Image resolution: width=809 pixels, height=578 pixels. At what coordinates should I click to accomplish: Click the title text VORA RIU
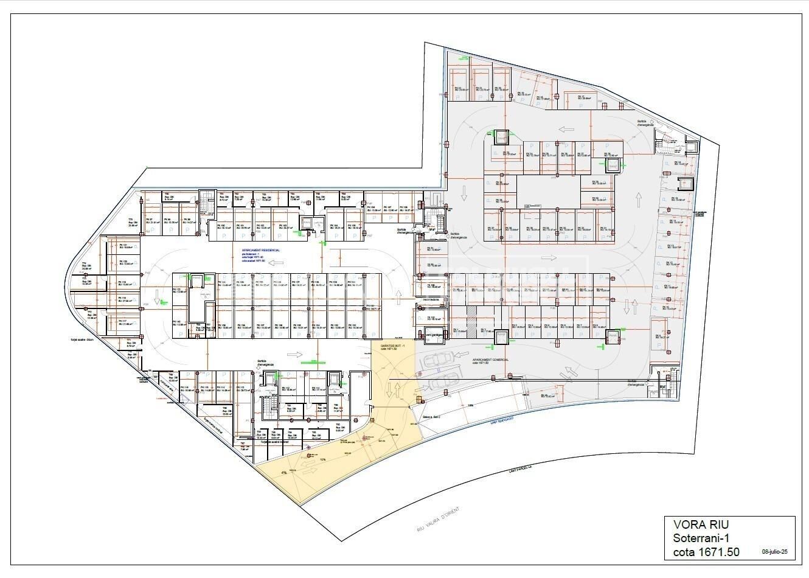point(701,524)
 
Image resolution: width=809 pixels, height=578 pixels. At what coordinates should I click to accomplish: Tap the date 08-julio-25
point(775,552)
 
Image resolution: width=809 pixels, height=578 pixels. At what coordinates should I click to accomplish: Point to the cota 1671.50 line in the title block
point(706,552)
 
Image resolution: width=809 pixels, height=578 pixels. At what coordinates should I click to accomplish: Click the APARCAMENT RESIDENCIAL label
point(261,251)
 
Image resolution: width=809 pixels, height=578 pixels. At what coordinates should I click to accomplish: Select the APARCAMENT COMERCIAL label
point(490,360)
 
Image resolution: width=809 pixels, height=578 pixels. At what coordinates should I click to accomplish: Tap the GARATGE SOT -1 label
point(392,345)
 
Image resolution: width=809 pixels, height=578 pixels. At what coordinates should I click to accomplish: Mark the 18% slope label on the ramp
point(470,405)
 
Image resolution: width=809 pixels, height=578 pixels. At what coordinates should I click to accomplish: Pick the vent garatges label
point(431,335)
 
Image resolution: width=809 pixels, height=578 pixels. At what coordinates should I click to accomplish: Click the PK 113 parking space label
point(243,388)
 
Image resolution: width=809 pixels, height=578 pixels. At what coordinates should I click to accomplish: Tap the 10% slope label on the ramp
point(323,459)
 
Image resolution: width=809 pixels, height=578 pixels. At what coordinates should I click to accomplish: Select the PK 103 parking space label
point(282,226)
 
